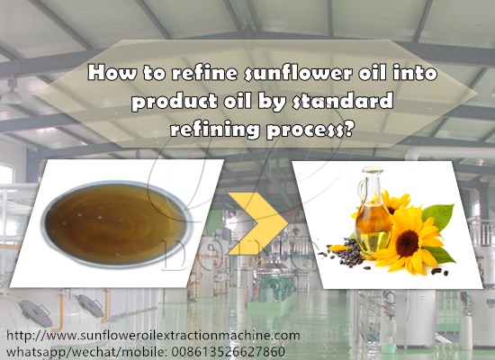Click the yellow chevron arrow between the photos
pyautogui.click(x=257, y=223)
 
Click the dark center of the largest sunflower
pyautogui.click(x=407, y=243)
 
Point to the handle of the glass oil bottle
pyautogui.click(x=361, y=193)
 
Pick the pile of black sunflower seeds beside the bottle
pyautogui.click(x=346, y=254)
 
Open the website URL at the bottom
pyautogui.click(x=153, y=336)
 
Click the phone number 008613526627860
pyautogui.click(x=229, y=352)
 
